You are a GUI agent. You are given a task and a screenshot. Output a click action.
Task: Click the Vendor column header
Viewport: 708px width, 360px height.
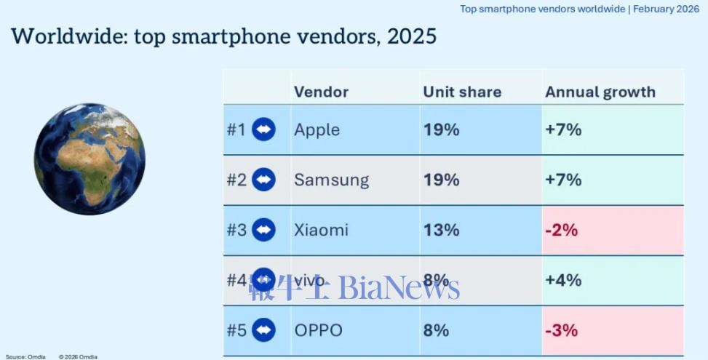321,92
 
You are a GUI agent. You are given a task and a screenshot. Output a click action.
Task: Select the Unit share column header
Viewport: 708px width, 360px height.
462,92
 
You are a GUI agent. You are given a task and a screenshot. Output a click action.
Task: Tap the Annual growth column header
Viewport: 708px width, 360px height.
600,92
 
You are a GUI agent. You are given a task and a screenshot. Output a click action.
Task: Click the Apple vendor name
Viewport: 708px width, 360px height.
317,130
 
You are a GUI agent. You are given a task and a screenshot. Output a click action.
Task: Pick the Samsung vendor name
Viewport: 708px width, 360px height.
331,180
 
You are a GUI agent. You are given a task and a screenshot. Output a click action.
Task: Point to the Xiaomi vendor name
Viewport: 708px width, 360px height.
321,230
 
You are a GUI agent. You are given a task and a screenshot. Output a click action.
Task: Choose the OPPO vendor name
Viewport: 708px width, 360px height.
318,330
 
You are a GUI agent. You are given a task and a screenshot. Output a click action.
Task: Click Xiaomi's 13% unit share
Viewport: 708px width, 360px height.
441,230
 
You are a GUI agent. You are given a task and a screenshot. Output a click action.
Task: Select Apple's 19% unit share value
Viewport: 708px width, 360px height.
441,130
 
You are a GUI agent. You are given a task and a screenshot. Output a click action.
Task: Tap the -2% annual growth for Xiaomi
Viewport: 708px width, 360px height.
561,230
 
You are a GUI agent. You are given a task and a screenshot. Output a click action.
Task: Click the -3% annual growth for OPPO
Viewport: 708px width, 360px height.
561,330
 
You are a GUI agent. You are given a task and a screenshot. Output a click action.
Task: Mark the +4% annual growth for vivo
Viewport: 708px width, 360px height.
562,280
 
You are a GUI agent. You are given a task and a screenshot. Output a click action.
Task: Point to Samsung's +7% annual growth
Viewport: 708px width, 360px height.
562,180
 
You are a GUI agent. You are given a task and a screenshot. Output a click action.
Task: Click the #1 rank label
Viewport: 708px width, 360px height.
236,130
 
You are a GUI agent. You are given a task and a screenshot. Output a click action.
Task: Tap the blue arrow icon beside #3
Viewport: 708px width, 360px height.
263,230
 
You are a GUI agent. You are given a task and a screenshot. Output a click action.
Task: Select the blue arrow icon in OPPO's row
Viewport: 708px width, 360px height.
263,330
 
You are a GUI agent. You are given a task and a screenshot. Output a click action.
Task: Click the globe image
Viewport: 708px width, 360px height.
90,159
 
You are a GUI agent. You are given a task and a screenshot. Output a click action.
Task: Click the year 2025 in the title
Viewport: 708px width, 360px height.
412,36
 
